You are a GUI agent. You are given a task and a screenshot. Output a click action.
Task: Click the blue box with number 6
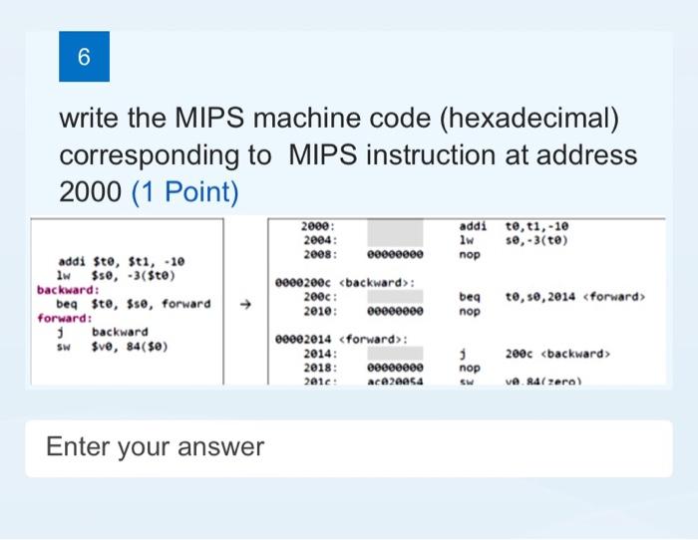84,58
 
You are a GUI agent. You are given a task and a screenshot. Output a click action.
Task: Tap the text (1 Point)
185,190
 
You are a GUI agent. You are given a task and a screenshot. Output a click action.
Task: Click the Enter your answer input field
349,447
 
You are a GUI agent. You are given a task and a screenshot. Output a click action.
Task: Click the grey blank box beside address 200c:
398,297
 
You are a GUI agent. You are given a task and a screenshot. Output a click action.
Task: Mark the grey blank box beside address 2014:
398,353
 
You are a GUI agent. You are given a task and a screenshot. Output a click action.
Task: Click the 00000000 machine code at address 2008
398,254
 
